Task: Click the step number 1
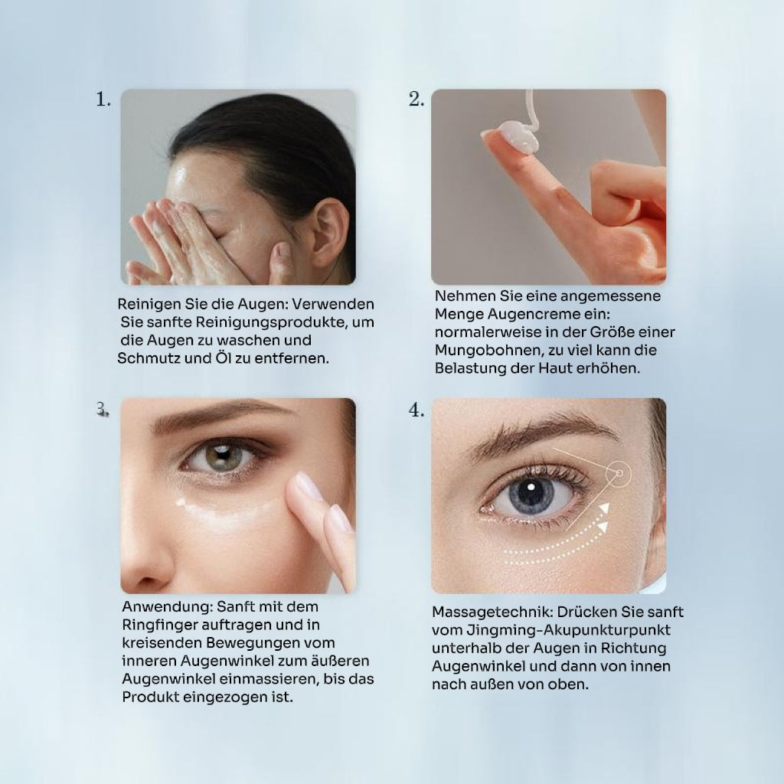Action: click(x=103, y=99)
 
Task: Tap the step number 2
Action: click(x=416, y=99)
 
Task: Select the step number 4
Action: click(x=416, y=410)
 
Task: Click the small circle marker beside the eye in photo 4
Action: click(x=619, y=473)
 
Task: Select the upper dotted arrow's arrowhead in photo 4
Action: click(x=604, y=509)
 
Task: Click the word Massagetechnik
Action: click(x=492, y=612)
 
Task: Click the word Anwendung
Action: click(x=167, y=607)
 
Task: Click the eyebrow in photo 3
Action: click(x=220, y=416)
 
